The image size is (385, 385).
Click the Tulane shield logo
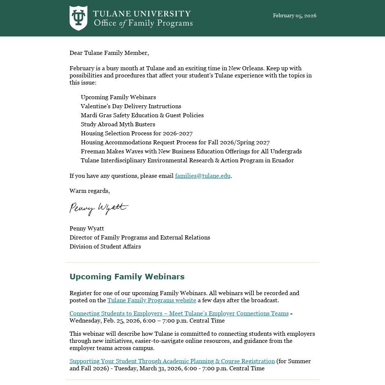tap(78, 18)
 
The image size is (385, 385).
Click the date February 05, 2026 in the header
tap(294, 15)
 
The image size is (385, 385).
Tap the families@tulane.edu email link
tap(203, 176)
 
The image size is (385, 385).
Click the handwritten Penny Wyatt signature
tap(99, 208)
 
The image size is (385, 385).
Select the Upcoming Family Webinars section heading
tap(127, 276)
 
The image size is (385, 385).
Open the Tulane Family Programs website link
tap(152, 300)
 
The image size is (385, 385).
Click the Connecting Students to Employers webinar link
tap(179, 313)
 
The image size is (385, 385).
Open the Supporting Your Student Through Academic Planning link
tap(172, 361)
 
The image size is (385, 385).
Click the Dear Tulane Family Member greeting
tap(109, 53)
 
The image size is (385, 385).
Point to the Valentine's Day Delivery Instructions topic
tap(131, 106)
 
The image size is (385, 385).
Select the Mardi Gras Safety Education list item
tap(142, 115)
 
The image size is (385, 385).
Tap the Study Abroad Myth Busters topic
tap(118, 124)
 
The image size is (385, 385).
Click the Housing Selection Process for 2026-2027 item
tap(136, 133)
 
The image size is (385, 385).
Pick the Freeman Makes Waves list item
tap(191, 151)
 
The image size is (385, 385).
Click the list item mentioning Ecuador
tap(187, 160)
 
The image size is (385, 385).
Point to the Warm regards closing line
tap(89, 191)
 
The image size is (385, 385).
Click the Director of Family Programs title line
tap(139, 237)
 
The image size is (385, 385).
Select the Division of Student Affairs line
tap(105, 246)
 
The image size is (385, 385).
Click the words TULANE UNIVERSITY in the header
tap(142, 14)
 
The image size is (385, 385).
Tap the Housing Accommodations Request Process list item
tap(175, 142)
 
